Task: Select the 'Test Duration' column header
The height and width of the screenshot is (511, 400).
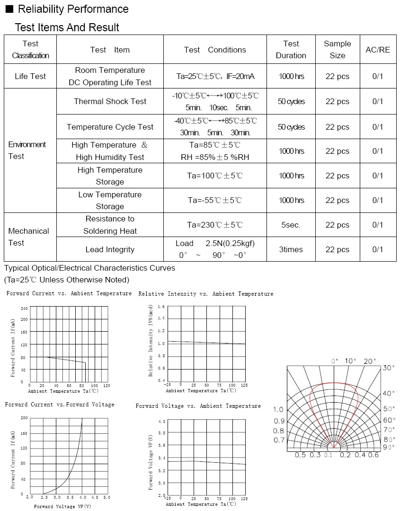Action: tap(291, 50)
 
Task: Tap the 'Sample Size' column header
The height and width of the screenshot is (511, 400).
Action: tap(337, 50)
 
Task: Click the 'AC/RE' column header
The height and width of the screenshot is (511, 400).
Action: tap(378, 50)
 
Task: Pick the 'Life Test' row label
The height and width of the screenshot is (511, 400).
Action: tap(30, 76)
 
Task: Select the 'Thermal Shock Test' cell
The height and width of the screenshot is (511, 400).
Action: tap(110, 101)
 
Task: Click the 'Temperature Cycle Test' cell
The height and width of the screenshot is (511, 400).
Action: tap(110, 127)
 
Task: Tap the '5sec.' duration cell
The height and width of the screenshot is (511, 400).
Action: tap(291, 225)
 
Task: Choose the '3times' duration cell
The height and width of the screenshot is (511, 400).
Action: tap(291, 249)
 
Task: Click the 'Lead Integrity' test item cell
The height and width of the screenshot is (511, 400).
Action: tap(110, 249)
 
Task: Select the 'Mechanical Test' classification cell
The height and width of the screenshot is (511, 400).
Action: tap(28, 237)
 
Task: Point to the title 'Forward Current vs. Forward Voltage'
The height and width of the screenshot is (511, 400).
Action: tap(60, 405)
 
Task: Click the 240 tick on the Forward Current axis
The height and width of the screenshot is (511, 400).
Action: tap(24, 308)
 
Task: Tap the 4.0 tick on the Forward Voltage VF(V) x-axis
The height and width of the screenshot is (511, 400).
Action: tap(81, 497)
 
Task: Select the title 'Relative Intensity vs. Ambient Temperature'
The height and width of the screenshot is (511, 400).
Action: tap(205, 294)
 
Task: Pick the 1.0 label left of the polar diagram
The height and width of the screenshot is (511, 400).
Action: tap(278, 409)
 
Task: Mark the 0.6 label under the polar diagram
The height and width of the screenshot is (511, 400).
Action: tap(373, 455)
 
